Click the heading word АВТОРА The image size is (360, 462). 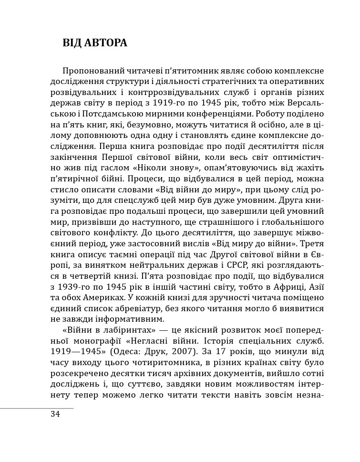[106, 43]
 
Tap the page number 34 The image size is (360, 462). [55, 414]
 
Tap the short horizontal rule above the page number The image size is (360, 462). [37, 408]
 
